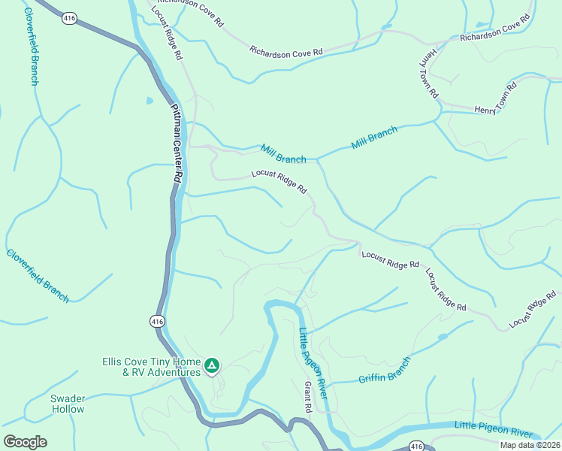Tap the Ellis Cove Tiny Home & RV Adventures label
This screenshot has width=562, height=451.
152,366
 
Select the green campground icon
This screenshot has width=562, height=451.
213,366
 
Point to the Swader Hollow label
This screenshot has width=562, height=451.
68,404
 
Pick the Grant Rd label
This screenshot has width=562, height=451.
307,396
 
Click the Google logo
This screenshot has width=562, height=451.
25,441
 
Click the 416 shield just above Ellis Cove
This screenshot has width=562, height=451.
156,321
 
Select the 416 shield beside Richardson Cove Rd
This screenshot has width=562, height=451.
70,17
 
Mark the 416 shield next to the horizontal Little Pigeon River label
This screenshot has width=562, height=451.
418,445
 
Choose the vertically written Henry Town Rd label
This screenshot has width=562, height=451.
429,74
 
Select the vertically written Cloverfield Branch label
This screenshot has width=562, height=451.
31,46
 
